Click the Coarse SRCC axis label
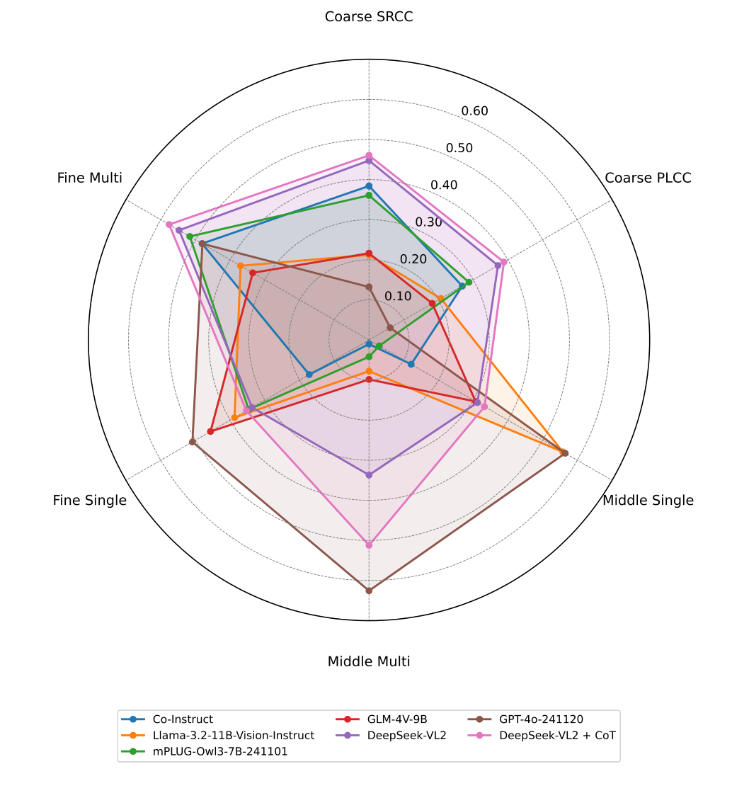[x=368, y=16]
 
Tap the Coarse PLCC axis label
[x=648, y=178]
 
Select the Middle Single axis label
[x=648, y=501]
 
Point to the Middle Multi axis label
[x=368, y=662]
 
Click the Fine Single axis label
[x=90, y=501]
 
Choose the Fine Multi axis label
[x=90, y=178]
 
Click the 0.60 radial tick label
[x=474, y=111]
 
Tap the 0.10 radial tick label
[x=398, y=296]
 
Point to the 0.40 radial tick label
[x=444, y=186]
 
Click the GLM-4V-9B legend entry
[x=397, y=719]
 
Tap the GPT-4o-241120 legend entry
[x=541, y=719]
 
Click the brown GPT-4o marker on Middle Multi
[x=369, y=591]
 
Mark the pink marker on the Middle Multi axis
[x=369, y=545]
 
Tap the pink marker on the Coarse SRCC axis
[x=369, y=155]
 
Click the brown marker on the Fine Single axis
[x=192, y=443]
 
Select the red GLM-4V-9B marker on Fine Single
[x=210, y=431]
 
